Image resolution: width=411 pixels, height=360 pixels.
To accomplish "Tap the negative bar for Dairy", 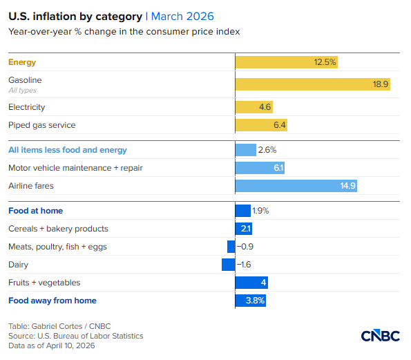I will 228,265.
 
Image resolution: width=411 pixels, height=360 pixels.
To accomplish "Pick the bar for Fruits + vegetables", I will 251,283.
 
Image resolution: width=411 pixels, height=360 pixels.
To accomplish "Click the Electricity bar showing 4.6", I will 254,107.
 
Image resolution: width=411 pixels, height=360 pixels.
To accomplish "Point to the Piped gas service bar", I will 260,125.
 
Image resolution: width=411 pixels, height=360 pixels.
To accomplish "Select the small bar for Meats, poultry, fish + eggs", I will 231,247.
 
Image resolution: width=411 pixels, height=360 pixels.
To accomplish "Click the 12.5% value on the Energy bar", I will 325,62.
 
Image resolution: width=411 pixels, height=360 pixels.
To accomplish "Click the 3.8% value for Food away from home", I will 255,301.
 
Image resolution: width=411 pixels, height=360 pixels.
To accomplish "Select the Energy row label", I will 22,62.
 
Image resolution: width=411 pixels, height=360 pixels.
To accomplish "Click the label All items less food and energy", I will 68,150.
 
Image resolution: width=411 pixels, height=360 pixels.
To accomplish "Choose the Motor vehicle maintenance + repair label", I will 75,168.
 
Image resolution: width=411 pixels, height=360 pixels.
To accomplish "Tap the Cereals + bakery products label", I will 58,229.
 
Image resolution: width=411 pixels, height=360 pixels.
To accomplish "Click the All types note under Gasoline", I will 22,91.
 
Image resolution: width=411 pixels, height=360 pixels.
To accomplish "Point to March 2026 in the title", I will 182,16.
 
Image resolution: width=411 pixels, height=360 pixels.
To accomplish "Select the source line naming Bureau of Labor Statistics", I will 75,336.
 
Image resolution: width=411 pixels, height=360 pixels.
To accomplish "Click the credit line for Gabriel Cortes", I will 59,326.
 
